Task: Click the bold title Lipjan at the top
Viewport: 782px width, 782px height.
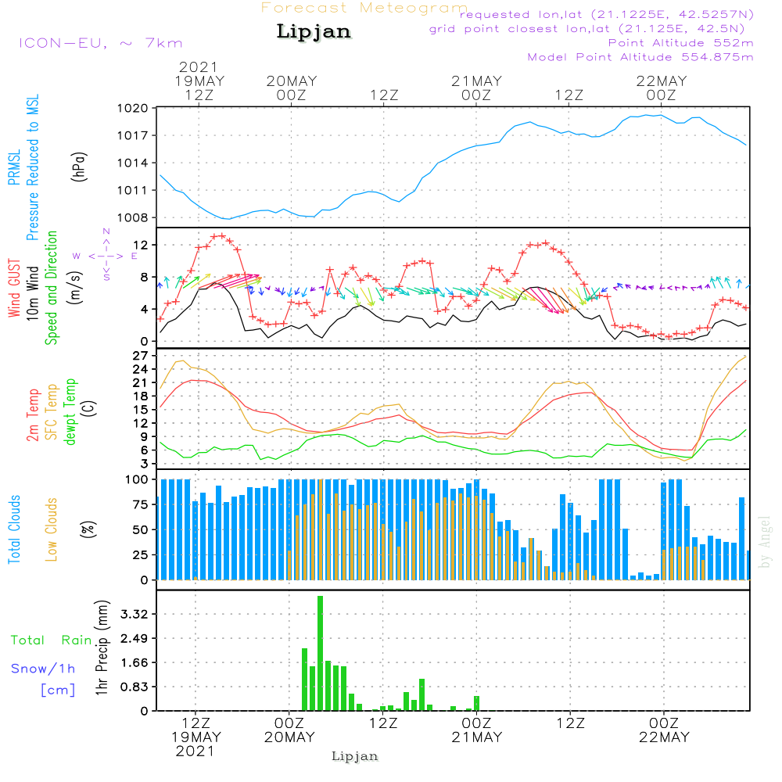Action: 314,32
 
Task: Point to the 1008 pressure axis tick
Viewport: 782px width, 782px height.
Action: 132,217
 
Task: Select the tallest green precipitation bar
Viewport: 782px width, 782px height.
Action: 320,653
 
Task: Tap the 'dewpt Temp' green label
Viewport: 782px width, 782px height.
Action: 70,412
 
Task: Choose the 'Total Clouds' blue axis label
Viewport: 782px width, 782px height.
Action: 15,529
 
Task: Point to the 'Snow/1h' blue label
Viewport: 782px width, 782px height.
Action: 44,669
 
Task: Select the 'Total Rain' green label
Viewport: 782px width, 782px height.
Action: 52,640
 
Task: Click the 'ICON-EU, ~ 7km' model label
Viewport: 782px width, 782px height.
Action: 100,43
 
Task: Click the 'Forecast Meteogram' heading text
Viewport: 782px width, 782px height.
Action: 364,8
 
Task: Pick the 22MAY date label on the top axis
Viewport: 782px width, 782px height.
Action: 662,81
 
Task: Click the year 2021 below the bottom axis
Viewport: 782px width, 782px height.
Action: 195,751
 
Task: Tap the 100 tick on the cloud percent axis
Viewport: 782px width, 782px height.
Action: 137,479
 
